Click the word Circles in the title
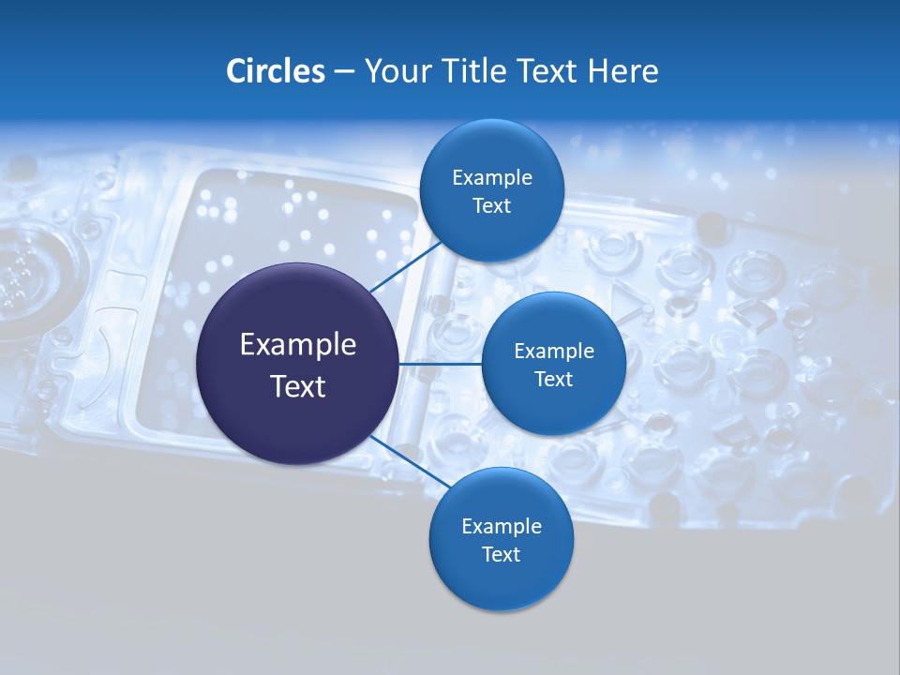pyautogui.click(x=275, y=71)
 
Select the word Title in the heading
pyautogui.click(x=478, y=71)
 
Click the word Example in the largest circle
pyautogui.click(x=298, y=345)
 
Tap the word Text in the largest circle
pyautogui.click(x=298, y=386)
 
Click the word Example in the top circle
pyautogui.click(x=491, y=178)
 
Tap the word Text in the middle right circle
pyautogui.click(x=553, y=379)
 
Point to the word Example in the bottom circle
pyautogui.click(x=501, y=527)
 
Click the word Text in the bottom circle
pyautogui.click(x=501, y=555)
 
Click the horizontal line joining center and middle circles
pyautogui.click(x=440, y=364)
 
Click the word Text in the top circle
pyautogui.click(x=491, y=206)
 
